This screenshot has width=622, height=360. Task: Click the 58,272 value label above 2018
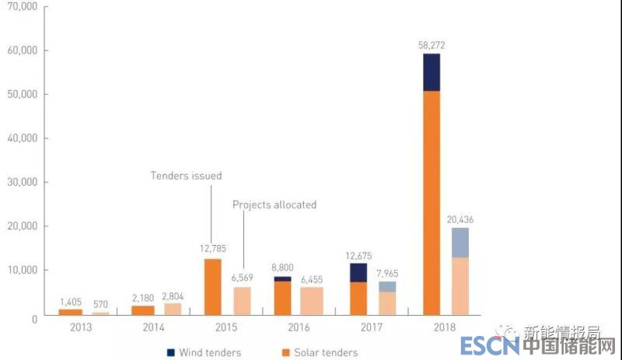[x=432, y=46]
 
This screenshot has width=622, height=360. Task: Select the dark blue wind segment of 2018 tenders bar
[x=431, y=72]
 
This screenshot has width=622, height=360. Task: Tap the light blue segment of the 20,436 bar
[x=460, y=242]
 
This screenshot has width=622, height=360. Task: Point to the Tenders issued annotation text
[x=186, y=176]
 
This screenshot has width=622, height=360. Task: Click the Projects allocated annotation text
[x=274, y=204]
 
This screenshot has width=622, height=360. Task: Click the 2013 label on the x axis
[x=80, y=329]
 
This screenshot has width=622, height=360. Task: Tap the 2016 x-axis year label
[x=299, y=329]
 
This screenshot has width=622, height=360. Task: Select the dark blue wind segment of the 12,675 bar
[x=358, y=272]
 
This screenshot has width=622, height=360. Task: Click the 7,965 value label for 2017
[x=386, y=272]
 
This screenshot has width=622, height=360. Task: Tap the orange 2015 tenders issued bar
[x=213, y=286]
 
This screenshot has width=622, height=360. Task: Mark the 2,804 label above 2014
[x=174, y=296]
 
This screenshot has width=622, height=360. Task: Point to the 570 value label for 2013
[x=100, y=304]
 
